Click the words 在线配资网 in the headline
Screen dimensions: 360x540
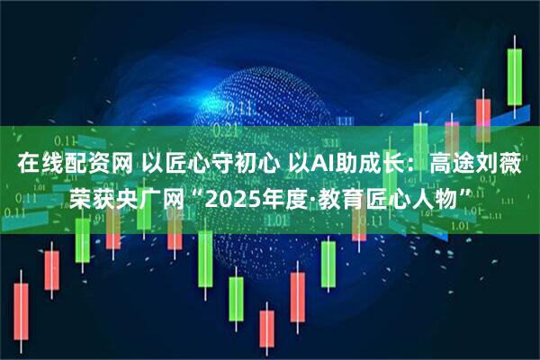coord(75,165)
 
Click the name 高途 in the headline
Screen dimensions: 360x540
coord(452,165)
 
